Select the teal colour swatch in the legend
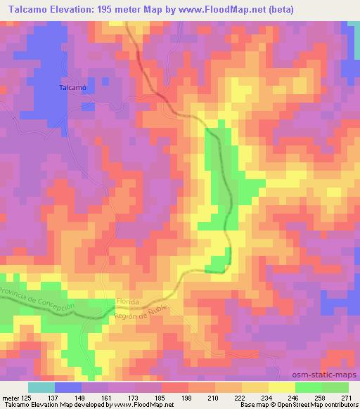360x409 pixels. tap(41, 388)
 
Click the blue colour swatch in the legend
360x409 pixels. tap(68, 388)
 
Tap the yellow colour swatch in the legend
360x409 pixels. tap(281, 388)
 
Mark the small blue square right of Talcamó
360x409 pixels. tap(88, 106)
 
